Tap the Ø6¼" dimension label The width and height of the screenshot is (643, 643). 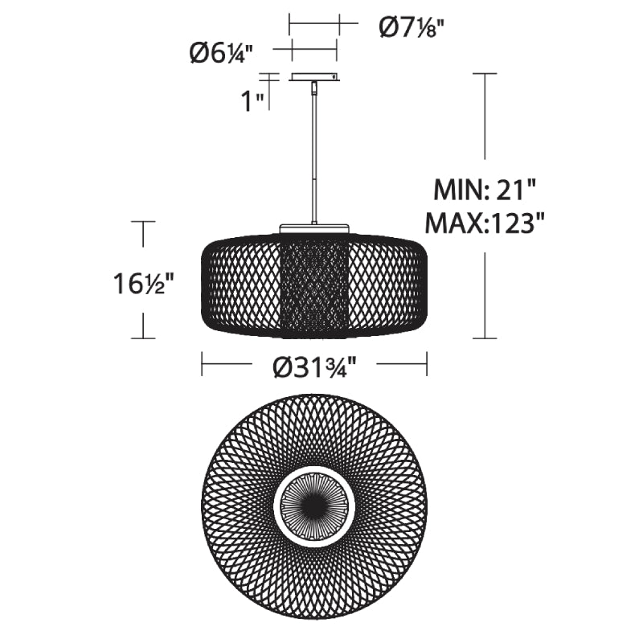221,54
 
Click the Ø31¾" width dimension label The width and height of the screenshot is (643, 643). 314,366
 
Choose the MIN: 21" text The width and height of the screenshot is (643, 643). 485,190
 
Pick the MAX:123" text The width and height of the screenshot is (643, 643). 485,223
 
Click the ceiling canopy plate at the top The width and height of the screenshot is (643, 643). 314,77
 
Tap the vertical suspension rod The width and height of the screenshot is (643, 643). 314,157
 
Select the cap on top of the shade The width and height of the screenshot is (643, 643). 314,228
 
